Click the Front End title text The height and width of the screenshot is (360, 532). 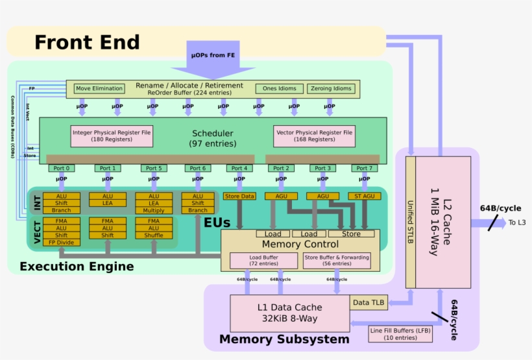(x=87, y=43)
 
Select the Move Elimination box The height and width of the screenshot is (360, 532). (x=99, y=89)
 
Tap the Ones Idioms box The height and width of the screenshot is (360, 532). (x=279, y=89)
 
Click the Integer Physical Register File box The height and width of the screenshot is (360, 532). (x=112, y=136)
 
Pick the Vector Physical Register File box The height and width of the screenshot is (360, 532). (x=314, y=136)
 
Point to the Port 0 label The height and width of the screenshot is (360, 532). (x=61, y=169)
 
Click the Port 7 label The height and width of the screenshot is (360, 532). (x=364, y=169)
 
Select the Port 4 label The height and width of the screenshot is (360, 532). (x=239, y=169)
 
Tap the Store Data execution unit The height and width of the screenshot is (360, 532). (x=239, y=196)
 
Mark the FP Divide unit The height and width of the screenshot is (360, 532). (x=62, y=243)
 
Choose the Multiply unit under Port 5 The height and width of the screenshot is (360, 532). (x=154, y=210)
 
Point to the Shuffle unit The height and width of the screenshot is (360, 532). (x=154, y=235)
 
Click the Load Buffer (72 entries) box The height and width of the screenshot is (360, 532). (x=263, y=260)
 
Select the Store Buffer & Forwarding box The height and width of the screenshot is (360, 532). (x=337, y=260)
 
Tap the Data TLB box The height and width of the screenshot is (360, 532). (x=369, y=302)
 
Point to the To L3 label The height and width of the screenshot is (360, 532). (x=517, y=222)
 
